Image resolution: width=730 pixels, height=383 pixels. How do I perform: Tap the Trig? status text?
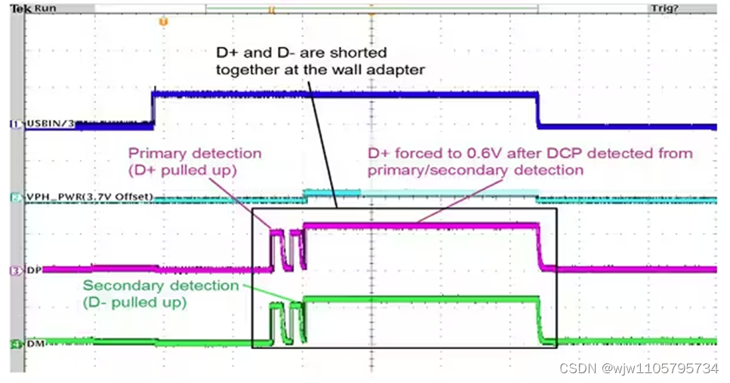point(664,7)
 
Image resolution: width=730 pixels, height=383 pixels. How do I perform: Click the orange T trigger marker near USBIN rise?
point(162,22)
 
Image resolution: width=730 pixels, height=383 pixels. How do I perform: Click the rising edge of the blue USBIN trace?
point(153,107)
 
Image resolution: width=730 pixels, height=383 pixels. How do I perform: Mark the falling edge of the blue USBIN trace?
point(537,109)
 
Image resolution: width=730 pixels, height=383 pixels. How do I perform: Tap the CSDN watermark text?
point(578,368)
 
